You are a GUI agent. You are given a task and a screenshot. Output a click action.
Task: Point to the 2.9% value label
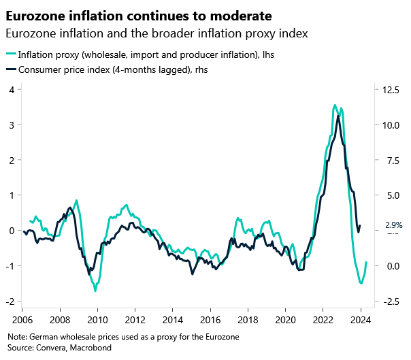394,225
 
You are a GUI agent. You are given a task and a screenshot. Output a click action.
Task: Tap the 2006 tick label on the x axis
22,319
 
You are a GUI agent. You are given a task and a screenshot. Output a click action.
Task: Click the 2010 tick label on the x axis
97,319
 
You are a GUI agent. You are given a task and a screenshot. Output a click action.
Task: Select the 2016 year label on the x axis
211,319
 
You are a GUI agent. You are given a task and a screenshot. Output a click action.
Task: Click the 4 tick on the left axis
12,90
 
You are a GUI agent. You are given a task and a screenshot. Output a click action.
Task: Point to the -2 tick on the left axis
10,301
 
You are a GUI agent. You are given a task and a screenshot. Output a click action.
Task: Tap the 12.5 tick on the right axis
390,90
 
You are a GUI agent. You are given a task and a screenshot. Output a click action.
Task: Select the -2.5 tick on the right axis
390,301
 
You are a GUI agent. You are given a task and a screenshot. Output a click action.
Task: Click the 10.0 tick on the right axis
390,125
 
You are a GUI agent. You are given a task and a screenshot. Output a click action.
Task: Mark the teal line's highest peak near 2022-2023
334,105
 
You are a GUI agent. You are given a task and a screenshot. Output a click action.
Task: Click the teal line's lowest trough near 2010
95,291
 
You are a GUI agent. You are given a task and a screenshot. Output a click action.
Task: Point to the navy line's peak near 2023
338,116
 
